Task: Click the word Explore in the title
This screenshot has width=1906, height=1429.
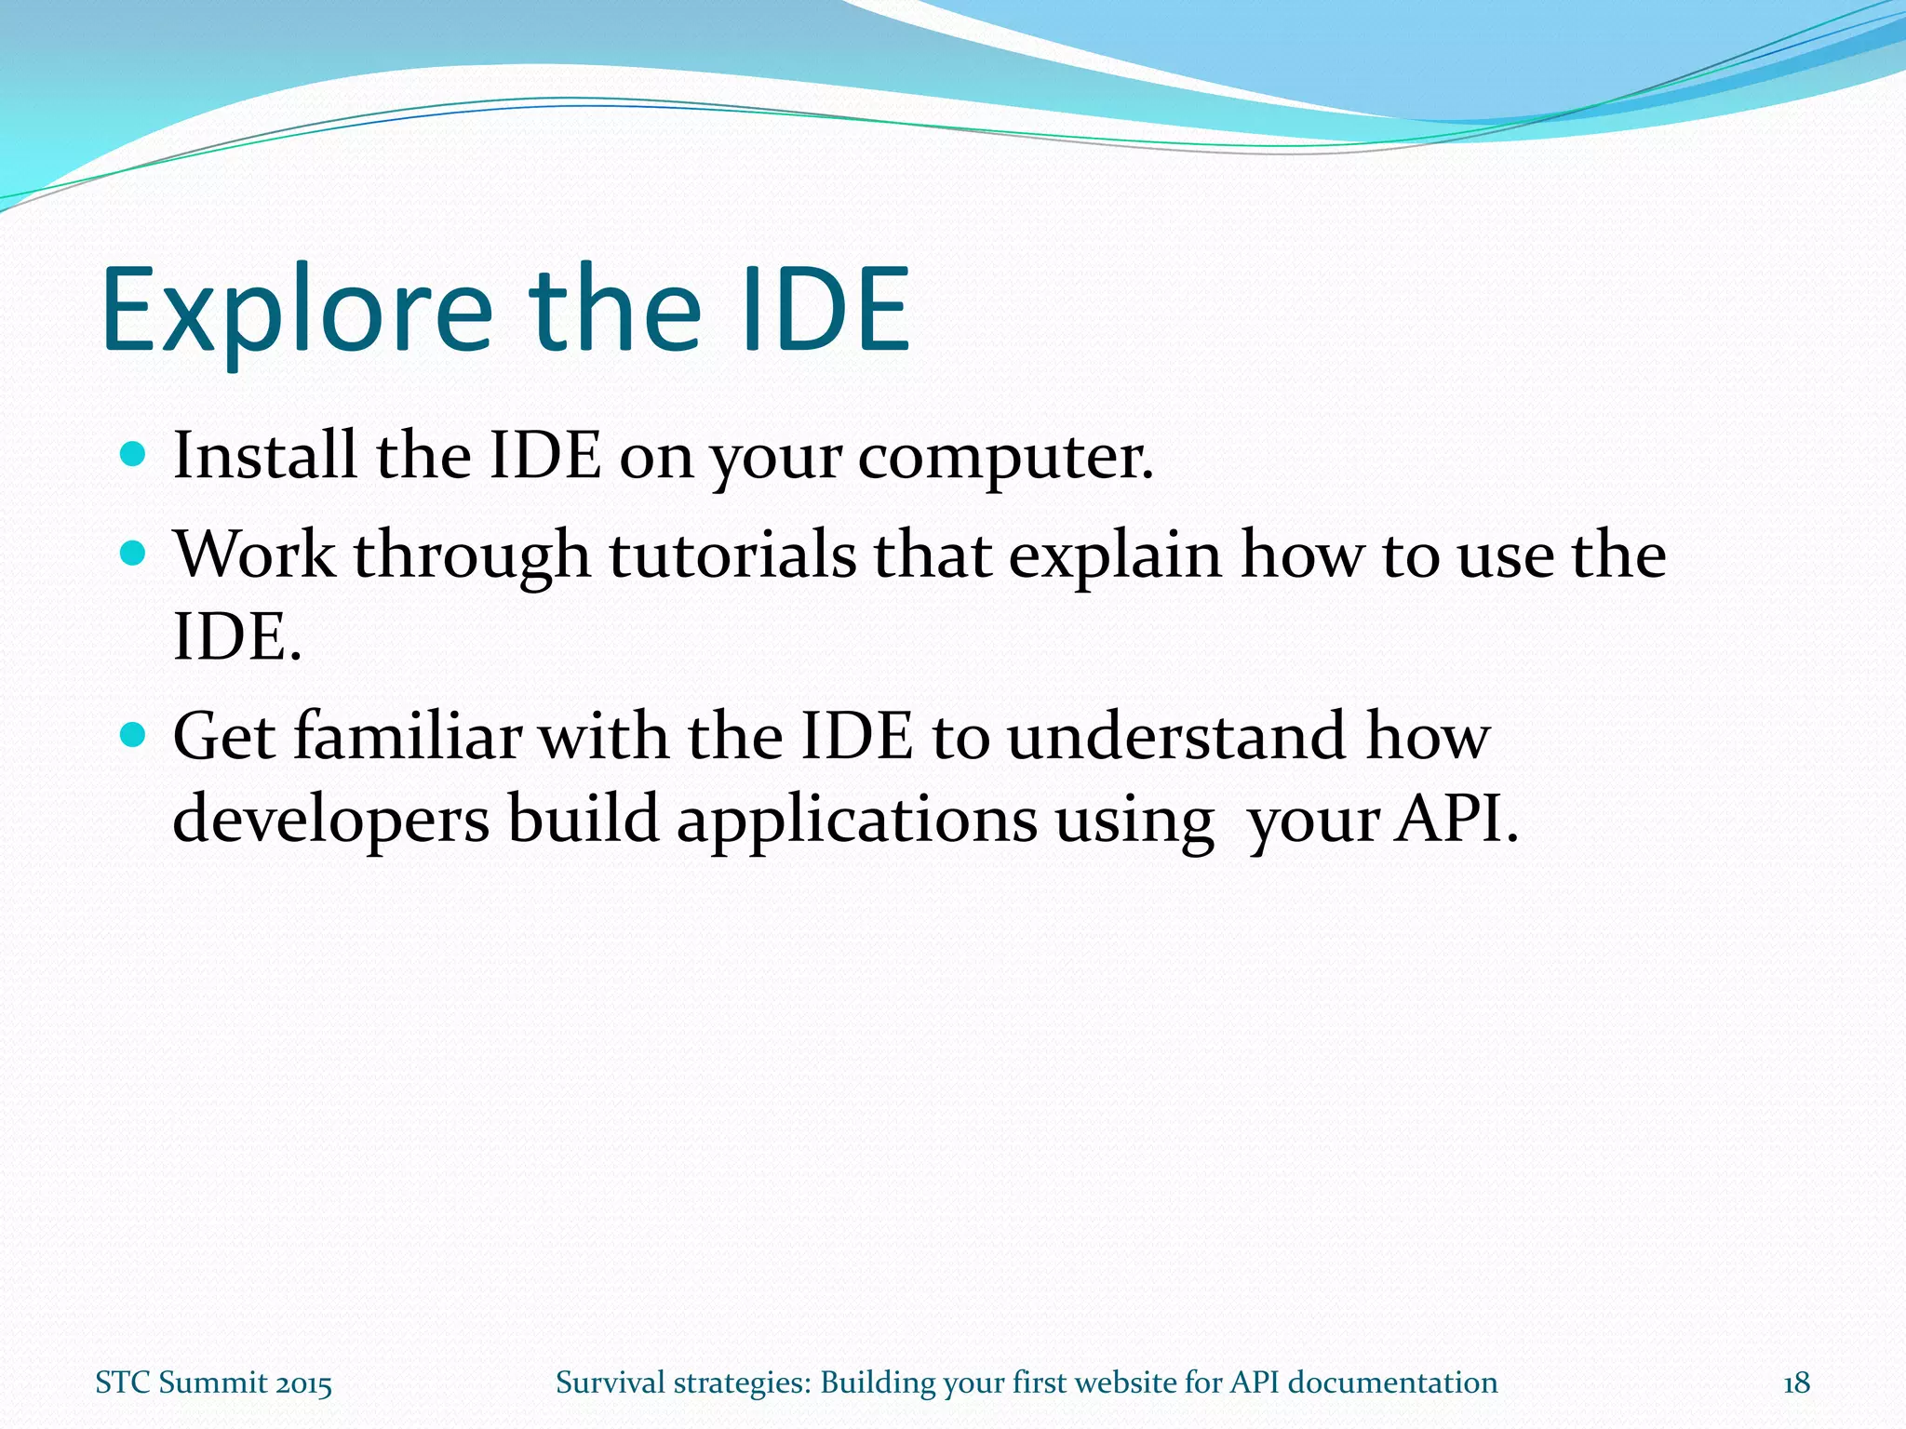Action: [296, 312]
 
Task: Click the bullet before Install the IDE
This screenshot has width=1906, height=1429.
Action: [134, 455]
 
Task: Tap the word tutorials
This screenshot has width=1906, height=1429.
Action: [732, 555]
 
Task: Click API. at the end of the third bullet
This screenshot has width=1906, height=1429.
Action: [1456, 819]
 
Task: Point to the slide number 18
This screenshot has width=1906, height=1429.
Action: [1796, 1383]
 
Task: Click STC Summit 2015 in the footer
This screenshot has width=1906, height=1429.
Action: [214, 1383]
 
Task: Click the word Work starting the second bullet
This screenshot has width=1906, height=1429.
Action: [255, 555]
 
